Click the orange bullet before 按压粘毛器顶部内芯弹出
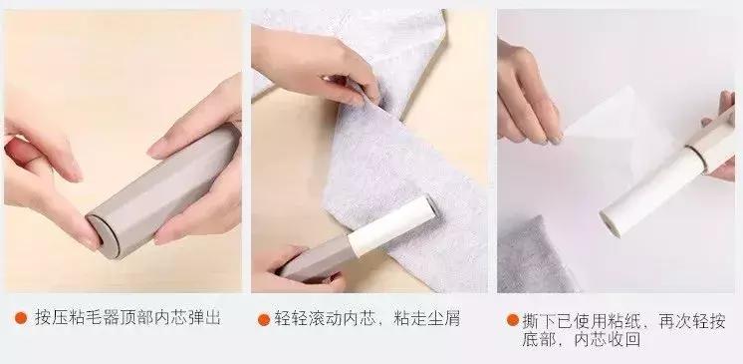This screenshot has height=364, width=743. [x=20, y=319]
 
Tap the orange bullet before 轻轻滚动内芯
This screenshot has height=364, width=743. [x=264, y=320]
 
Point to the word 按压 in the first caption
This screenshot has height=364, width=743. [x=50, y=319]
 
